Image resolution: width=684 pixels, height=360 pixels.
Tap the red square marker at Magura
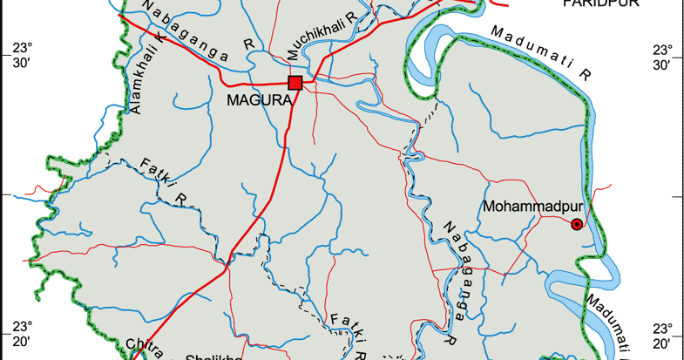(295, 83)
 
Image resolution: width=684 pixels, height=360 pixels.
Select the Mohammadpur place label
(525, 207)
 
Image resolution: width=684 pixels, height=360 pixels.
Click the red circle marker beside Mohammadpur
(577, 225)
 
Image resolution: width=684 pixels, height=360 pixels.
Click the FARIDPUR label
(600, 3)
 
